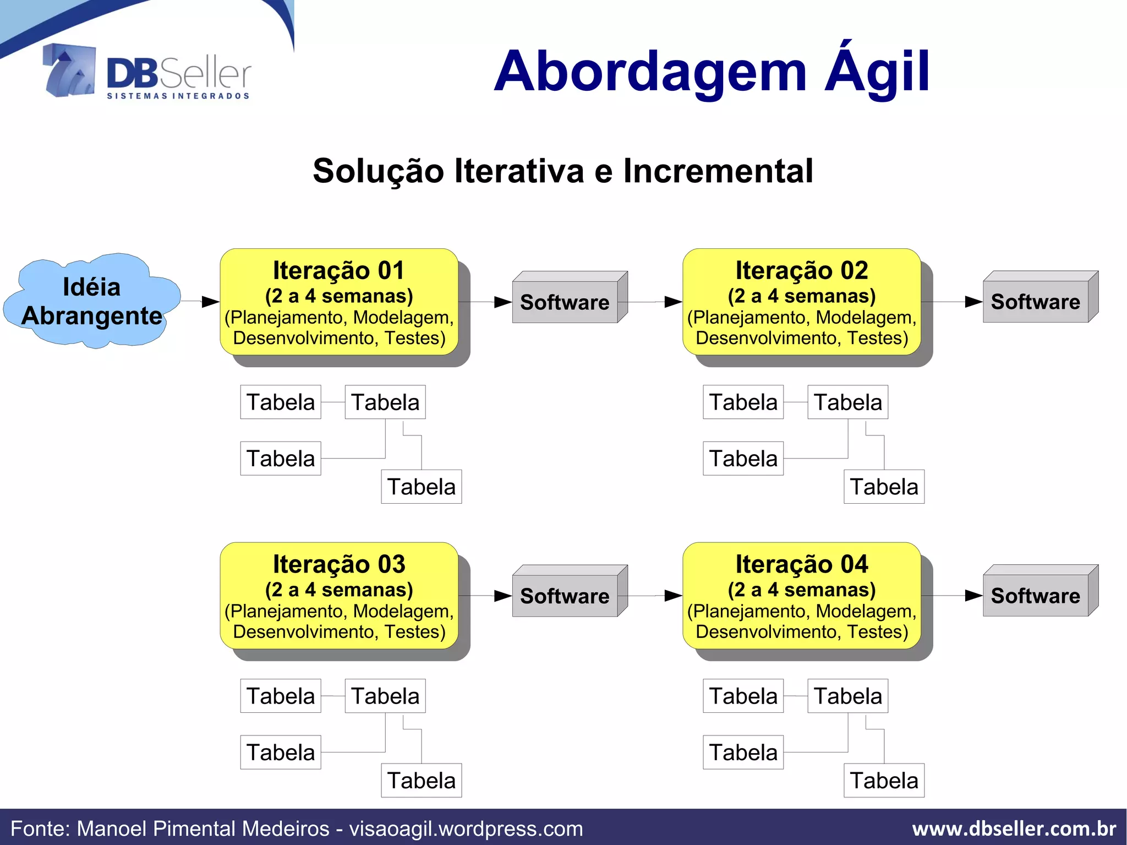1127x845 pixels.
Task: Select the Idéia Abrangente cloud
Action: point(91,302)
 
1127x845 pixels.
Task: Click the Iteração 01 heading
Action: point(338,271)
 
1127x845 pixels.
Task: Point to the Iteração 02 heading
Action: point(801,271)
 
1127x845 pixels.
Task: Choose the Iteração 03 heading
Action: point(338,564)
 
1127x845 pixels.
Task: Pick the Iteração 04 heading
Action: point(801,564)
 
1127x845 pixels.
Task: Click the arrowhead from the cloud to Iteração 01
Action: point(211,302)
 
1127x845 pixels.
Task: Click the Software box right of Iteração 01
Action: point(565,302)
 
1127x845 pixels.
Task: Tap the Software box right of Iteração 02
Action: point(1035,302)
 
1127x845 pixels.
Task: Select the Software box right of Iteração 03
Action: point(565,596)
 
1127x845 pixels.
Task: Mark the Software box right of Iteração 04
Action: point(1035,596)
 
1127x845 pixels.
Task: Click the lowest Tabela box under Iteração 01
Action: point(421,487)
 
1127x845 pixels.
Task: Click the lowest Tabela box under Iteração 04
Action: point(884,781)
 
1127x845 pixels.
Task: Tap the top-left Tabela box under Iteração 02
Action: point(743,402)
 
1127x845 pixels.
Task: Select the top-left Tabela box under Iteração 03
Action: point(281,696)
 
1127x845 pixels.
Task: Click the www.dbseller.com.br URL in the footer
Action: point(1014,828)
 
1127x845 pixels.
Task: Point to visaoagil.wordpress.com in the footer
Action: point(466,828)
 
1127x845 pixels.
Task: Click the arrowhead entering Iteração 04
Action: point(674,596)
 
